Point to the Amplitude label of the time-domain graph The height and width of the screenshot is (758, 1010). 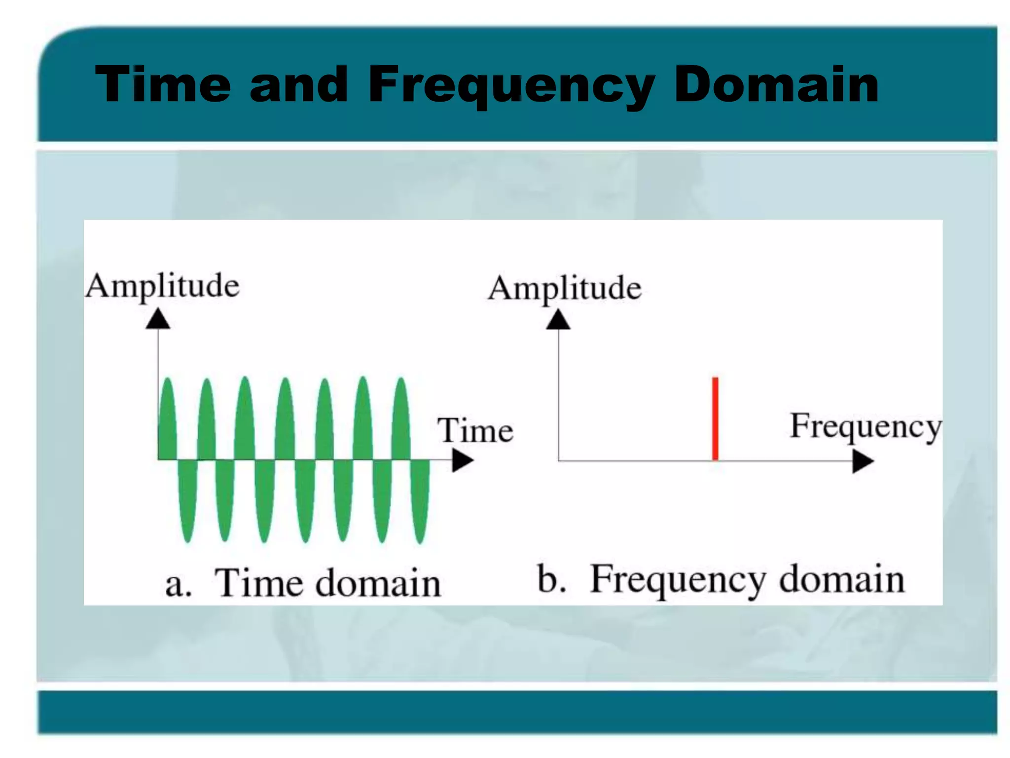click(x=162, y=286)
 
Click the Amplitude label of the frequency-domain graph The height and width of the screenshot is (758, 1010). click(x=565, y=288)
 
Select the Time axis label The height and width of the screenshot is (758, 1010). click(x=475, y=430)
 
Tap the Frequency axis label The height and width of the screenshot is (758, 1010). click(x=866, y=427)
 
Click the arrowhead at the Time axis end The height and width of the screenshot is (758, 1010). click(x=463, y=461)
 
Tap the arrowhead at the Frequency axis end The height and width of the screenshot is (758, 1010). click(x=863, y=462)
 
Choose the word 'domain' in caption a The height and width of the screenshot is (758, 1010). click(x=378, y=583)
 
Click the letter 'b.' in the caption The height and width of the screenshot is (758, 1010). click(x=551, y=578)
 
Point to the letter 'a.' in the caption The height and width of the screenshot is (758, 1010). click(x=178, y=585)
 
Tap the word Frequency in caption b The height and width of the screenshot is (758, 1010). click(x=678, y=580)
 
